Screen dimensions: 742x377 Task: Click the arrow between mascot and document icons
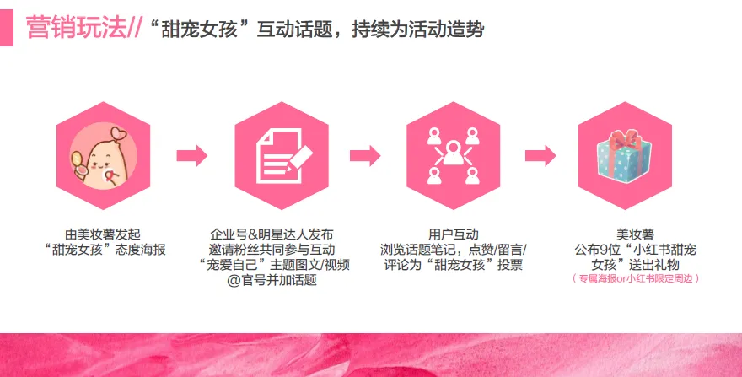(x=191, y=155)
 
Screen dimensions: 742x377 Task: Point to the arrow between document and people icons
(x=364, y=155)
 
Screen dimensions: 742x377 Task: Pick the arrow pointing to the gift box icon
(x=540, y=155)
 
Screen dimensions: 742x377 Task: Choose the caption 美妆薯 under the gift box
(x=635, y=234)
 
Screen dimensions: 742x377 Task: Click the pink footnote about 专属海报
(x=635, y=278)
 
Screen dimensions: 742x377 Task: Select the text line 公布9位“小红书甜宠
(x=635, y=250)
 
